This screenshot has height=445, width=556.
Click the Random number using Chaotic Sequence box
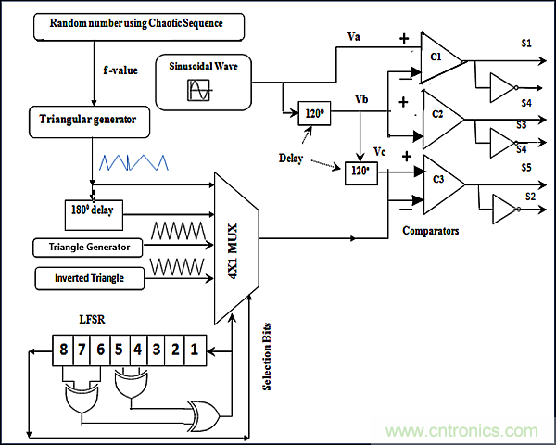(x=141, y=25)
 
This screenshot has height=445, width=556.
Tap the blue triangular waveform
(x=137, y=162)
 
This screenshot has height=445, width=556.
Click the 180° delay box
(x=92, y=210)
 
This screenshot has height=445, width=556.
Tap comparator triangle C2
(x=437, y=116)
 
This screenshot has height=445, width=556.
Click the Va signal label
(x=353, y=37)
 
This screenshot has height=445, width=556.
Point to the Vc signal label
(x=379, y=151)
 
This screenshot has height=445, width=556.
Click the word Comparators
(x=432, y=230)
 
